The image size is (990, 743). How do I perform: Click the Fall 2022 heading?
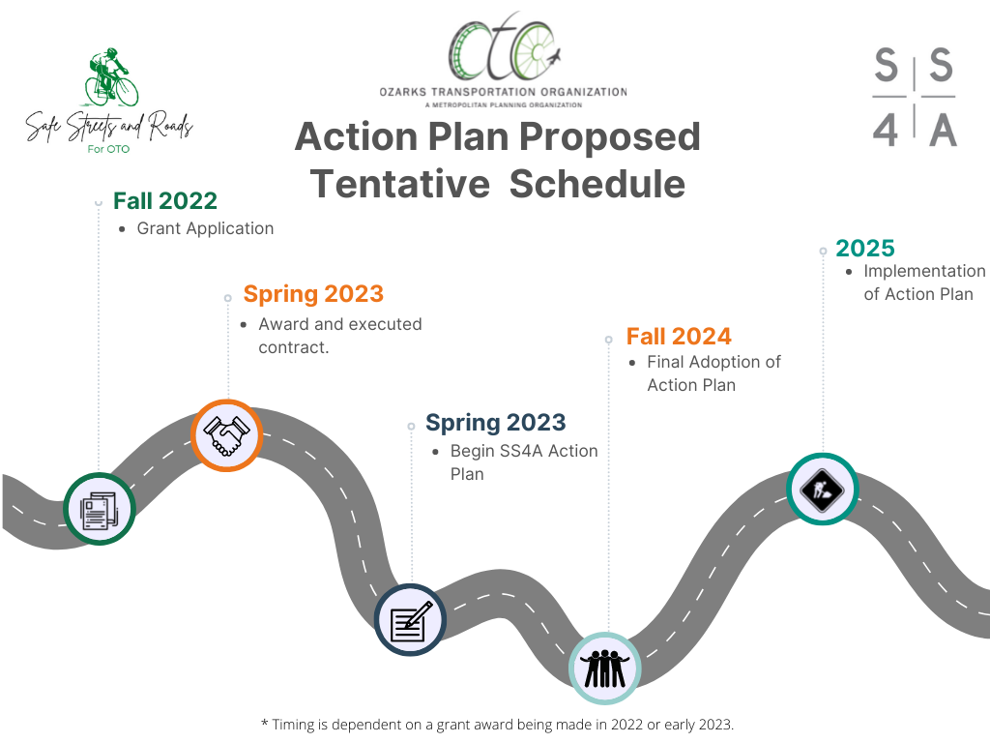(x=165, y=201)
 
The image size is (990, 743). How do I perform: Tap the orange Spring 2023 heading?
(x=313, y=294)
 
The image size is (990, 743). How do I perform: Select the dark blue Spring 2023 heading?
(x=496, y=423)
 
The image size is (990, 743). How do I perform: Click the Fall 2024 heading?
(x=679, y=336)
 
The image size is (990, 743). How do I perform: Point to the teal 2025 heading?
(x=865, y=248)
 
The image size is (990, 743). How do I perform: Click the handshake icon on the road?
(x=226, y=436)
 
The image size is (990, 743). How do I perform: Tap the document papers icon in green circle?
(x=100, y=509)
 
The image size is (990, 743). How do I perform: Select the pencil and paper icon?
(x=410, y=620)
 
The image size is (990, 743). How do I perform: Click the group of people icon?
(x=605, y=669)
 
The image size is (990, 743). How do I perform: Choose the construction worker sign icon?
(x=822, y=489)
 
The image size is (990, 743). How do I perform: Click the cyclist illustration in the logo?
(x=112, y=77)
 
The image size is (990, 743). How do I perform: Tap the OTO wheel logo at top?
(x=504, y=46)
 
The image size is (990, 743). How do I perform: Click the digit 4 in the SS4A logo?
(x=886, y=131)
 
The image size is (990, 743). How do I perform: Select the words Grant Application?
(x=205, y=228)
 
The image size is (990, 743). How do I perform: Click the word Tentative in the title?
(x=399, y=184)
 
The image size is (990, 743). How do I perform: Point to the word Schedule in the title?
(x=597, y=184)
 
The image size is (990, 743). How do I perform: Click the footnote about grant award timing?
(x=498, y=724)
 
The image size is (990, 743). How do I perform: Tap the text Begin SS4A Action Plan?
(x=524, y=462)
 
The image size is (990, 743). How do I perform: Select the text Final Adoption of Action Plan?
(x=713, y=373)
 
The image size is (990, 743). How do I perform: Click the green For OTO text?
(x=108, y=149)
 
